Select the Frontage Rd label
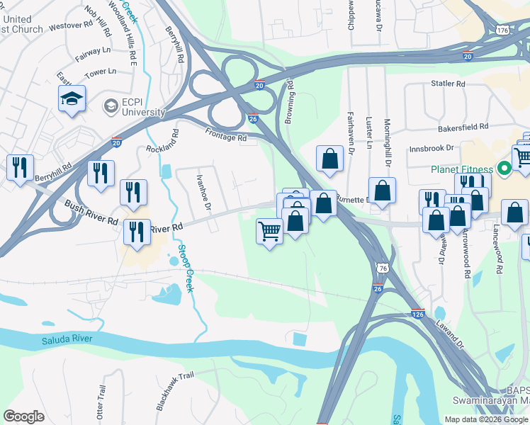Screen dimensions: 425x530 coord(226,134)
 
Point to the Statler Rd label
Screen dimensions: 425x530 coord(448,84)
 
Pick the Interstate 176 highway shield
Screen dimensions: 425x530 coord(502,31)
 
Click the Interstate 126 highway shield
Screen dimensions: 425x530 coord(418,312)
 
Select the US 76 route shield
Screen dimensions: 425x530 coord(382,268)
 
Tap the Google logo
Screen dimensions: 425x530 coord(24,416)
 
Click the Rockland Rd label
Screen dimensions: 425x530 coord(162,140)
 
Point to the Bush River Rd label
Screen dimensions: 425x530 coord(91,212)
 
